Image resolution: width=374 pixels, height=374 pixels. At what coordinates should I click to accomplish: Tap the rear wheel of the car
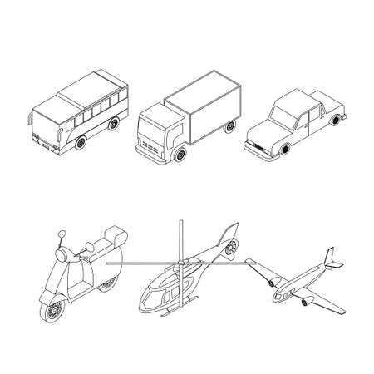pos(336,122)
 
